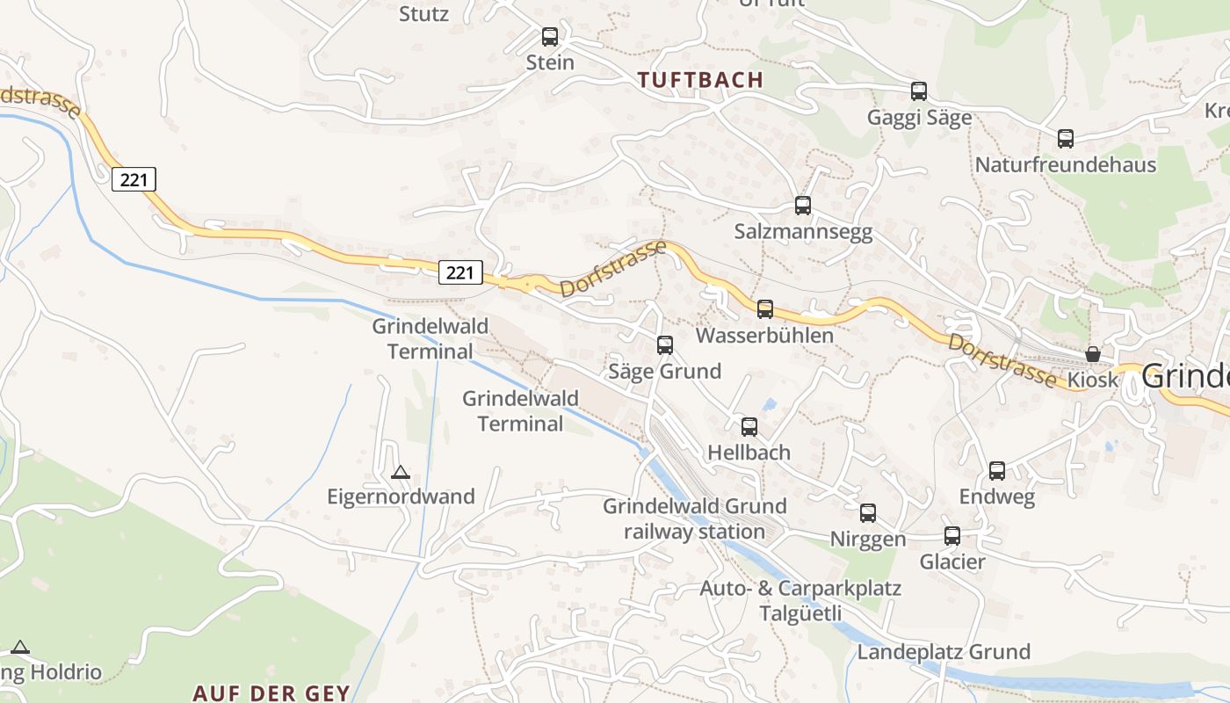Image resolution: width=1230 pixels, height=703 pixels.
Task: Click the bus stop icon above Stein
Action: (550, 37)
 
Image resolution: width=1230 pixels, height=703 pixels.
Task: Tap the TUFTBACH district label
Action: (700, 80)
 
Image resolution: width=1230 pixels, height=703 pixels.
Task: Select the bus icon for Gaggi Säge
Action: (919, 91)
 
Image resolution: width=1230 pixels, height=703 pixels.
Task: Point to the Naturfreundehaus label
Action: (1065, 164)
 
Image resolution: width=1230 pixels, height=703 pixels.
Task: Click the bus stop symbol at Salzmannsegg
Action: (803, 206)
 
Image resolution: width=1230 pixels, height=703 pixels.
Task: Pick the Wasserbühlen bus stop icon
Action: (765, 309)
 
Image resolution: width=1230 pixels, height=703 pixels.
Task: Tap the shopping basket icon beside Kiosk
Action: (1093, 354)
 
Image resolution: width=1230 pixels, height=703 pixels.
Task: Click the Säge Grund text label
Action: (665, 371)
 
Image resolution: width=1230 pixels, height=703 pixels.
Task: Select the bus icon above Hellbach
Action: (749, 427)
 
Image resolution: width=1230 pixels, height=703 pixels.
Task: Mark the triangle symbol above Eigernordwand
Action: (401, 472)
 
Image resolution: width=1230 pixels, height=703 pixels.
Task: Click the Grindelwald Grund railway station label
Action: (694, 518)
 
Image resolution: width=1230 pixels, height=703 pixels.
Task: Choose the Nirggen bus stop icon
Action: (868, 513)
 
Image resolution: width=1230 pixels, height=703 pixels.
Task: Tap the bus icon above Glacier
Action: (952, 536)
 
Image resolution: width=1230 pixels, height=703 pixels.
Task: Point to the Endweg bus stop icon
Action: (997, 471)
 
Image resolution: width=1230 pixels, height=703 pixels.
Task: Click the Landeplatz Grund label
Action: (944, 652)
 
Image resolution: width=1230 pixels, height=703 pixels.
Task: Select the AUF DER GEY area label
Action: (271, 692)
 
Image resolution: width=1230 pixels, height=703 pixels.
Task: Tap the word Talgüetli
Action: (800, 613)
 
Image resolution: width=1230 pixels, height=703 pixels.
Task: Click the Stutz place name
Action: (423, 14)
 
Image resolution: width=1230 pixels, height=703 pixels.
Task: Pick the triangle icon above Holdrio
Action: (20, 648)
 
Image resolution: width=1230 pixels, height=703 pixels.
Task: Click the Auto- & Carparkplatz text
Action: (800, 588)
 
